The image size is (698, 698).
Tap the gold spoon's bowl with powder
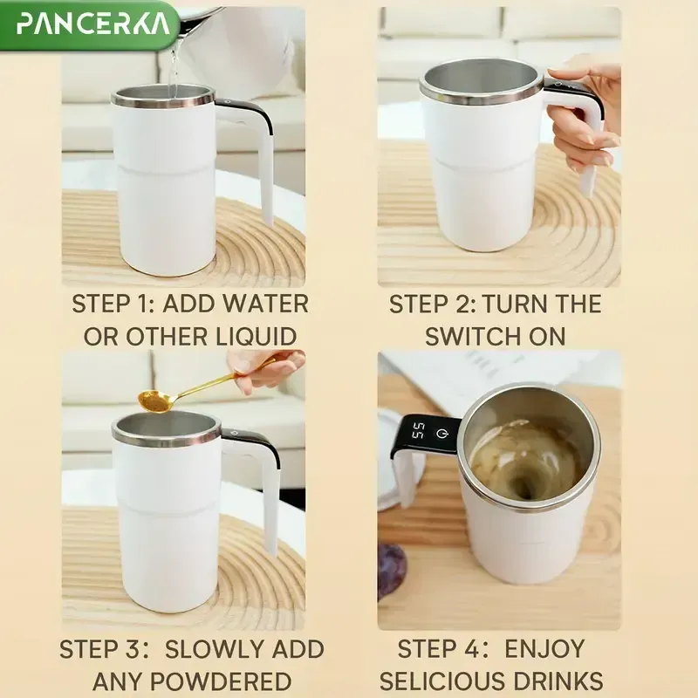point(154,400)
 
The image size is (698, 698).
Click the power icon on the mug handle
point(443,432)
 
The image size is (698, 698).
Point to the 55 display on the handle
point(419,431)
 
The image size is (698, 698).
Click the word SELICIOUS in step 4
point(445,681)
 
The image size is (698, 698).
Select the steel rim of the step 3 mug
point(166,434)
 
